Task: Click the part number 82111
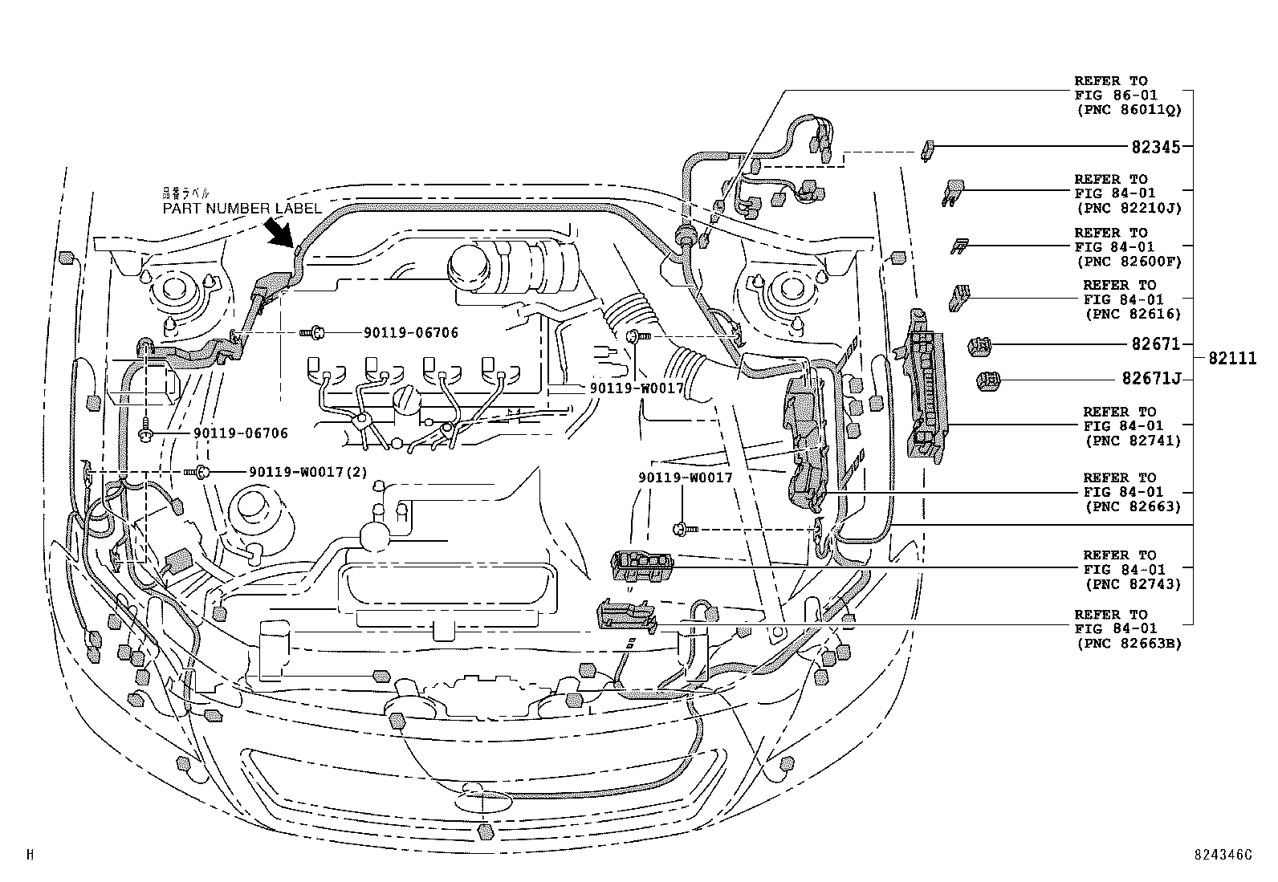tap(1228, 359)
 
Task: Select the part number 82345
tap(1156, 147)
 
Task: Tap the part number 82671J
tap(1151, 379)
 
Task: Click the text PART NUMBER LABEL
tap(242, 209)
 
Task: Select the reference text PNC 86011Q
tap(1128, 109)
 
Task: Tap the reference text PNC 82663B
tap(1128, 643)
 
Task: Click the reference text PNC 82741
tap(1133, 441)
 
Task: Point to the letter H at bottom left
tap(30, 855)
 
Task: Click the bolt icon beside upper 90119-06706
tap(315, 331)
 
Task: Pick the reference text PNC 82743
tap(1133, 584)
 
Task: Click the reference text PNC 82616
tap(1133, 314)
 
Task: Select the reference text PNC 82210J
tap(1128, 208)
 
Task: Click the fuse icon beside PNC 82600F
tap(958, 245)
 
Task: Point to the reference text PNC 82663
tap(1133, 506)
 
